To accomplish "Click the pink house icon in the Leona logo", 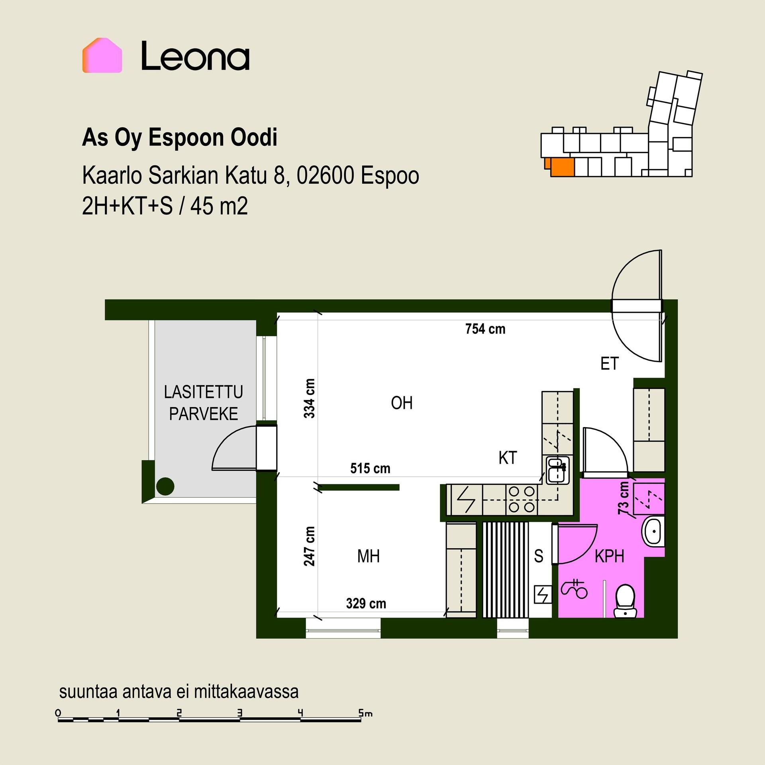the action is [102, 55].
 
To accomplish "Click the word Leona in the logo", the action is [196, 56].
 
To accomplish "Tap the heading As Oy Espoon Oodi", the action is [180, 137].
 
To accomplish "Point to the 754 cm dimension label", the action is [485, 329].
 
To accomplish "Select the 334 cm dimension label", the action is [310, 398].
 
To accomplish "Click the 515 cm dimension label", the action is [370, 468].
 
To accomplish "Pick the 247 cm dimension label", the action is [310, 546].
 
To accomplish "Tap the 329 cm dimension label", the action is [366, 604].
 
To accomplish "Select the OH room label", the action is [402, 403].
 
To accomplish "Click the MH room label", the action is [369, 556].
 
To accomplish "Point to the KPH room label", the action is [609, 556].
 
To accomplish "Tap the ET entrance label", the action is [610, 364].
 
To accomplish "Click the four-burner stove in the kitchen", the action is [522, 500].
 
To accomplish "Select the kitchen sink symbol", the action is [557, 470].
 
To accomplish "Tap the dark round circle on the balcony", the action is [165, 486].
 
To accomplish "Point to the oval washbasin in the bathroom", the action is [653, 531].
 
